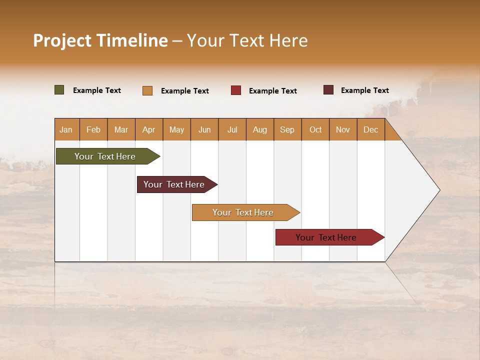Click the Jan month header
66,129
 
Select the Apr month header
149,129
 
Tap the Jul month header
232,129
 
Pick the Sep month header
287,129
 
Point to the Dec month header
370,129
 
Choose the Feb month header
93,129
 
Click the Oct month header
315,129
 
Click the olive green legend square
59,90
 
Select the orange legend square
147,90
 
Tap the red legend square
236,90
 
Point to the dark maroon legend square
328,90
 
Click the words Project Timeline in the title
100,40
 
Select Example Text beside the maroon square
364,90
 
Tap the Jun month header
204,129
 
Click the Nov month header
343,129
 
